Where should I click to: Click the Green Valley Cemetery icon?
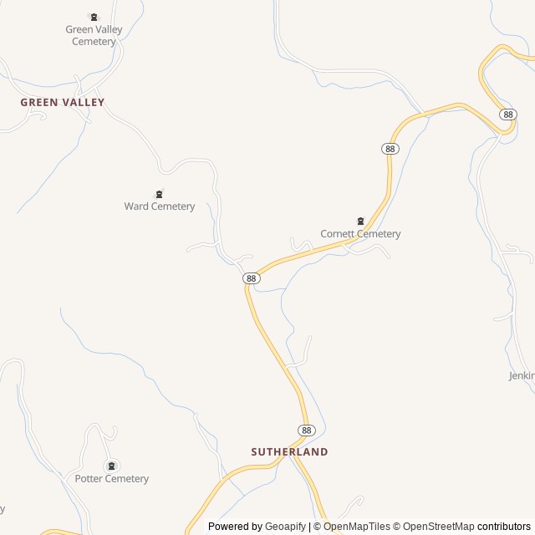(93, 17)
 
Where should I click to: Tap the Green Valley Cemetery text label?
(94, 35)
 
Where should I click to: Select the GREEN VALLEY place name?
(63, 102)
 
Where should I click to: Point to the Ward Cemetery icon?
(159, 194)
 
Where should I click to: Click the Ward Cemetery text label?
(160, 206)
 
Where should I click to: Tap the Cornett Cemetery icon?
(360, 222)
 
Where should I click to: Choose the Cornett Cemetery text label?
(360, 234)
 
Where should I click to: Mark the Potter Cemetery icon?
(111, 466)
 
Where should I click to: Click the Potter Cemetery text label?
(111, 479)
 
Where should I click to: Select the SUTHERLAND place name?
(289, 451)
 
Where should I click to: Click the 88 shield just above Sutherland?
(307, 430)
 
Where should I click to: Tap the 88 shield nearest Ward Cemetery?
(250, 278)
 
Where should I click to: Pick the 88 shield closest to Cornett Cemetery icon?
(390, 148)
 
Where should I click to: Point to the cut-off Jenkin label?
(522, 376)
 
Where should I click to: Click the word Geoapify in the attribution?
(286, 527)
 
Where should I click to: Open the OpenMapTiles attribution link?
(356, 527)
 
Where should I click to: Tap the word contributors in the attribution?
(504, 527)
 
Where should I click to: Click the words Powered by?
(235, 527)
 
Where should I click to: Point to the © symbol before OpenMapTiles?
(318, 527)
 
